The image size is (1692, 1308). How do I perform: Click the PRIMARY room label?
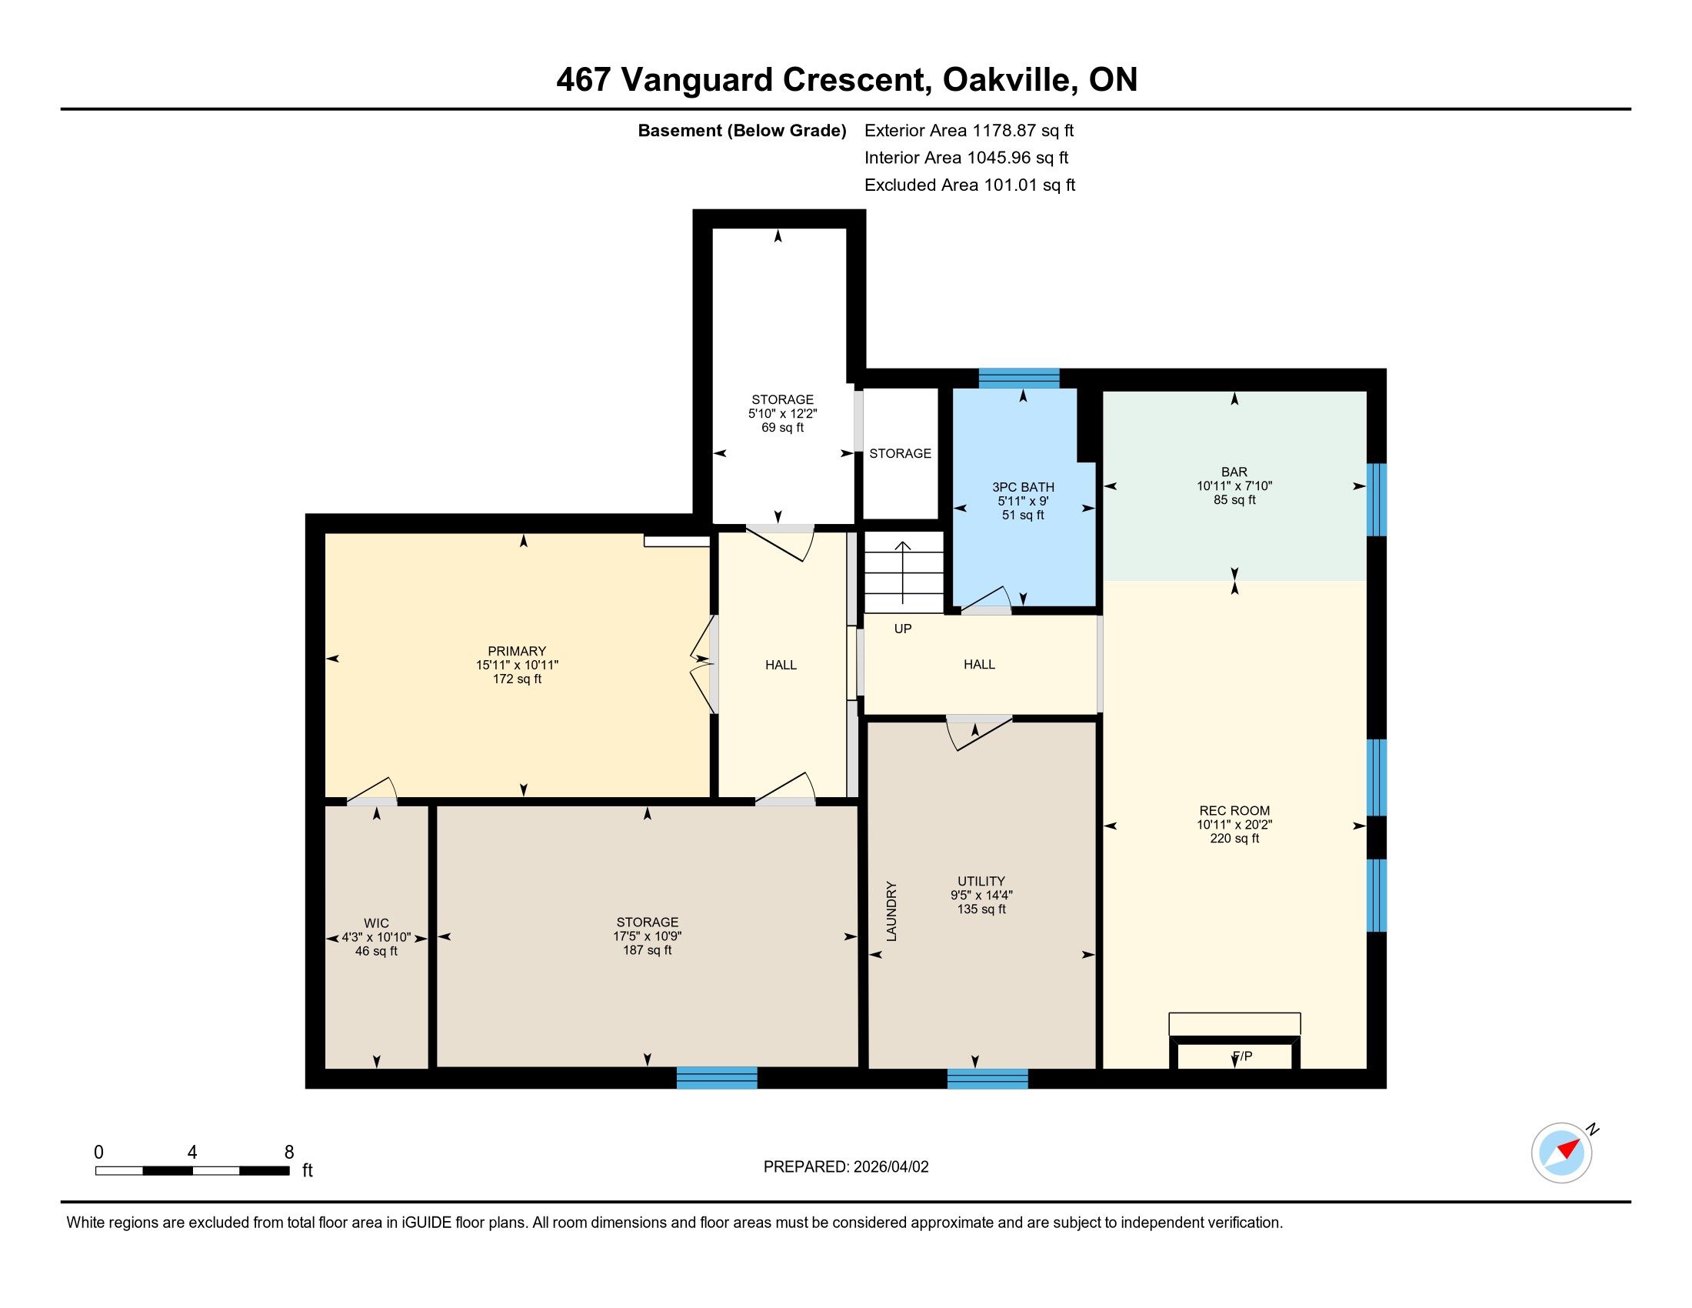pos(517,651)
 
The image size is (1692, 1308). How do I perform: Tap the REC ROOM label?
pos(1234,810)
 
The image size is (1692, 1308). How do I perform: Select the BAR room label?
pos(1234,472)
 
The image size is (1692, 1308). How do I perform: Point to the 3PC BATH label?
pos(1023,487)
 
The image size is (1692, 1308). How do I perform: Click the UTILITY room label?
pos(981,881)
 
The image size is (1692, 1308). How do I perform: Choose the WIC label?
pos(377,923)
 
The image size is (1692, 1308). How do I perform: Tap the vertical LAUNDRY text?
pos(891,911)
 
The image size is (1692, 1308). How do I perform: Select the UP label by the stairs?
pos(903,629)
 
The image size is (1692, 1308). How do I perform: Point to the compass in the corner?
pos(1563,1153)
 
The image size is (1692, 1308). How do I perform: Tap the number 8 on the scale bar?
pos(289,1153)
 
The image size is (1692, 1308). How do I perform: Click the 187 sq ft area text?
pos(647,950)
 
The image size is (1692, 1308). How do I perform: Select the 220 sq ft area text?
pos(1234,839)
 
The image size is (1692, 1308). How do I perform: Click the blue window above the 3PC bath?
pos(1019,378)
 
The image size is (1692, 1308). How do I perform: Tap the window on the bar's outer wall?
pos(1376,500)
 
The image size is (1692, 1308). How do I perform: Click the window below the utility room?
pos(987,1079)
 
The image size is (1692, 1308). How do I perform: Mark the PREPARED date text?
pos(846,1167)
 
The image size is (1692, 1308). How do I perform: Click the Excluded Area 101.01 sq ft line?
pos(970,185)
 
